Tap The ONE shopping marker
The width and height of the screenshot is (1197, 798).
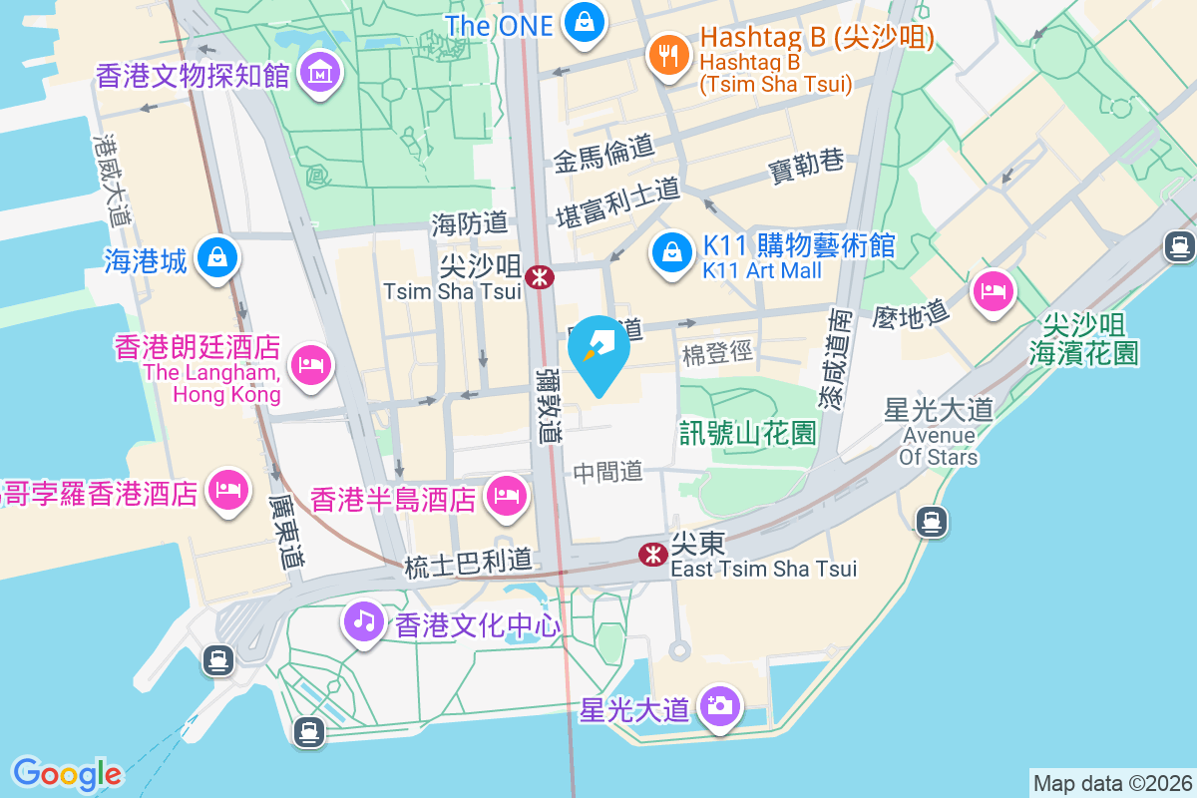point(584,22)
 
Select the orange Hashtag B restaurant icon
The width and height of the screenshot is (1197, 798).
point(665,54)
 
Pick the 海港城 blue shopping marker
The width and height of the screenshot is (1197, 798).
point(215,258)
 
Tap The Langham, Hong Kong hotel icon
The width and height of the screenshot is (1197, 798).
point(310,364)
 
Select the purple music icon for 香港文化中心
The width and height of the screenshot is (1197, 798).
point(364,621)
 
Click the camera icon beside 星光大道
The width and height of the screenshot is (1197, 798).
point(719,706)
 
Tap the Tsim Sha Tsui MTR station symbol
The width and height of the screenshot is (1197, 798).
point(541,276)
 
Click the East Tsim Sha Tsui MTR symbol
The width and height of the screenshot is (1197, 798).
point(652,553)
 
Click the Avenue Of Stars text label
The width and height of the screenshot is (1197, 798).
point(938,446)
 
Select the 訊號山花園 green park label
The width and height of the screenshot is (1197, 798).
point(748,433)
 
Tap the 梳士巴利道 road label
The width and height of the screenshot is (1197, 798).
point(468,564)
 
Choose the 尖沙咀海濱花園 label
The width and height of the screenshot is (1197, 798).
point(1083,338)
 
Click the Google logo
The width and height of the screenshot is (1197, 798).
point(67,774)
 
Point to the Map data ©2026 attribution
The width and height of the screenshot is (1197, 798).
point(1111,783)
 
